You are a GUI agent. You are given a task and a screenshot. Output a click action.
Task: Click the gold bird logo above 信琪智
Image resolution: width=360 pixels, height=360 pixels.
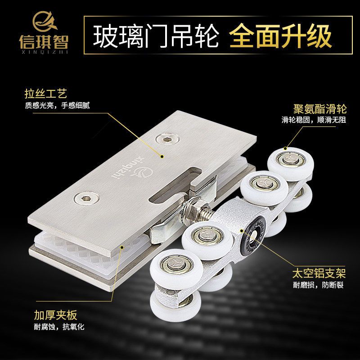[44, 21]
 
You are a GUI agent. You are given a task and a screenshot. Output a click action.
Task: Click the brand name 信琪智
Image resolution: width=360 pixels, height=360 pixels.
[44, 42]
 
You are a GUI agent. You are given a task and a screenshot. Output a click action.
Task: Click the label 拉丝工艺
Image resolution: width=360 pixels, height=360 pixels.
[45, 94]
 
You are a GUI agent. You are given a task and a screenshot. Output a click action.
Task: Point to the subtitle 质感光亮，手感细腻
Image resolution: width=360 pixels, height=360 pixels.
[57, 105]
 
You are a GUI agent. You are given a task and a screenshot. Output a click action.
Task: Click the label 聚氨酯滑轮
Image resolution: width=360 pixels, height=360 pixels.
[320, 109]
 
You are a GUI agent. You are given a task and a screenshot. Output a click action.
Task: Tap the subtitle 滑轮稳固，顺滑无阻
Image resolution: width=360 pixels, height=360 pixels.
[314, 120]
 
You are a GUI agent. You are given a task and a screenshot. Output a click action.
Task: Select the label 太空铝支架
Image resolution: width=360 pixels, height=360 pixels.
[319, 273]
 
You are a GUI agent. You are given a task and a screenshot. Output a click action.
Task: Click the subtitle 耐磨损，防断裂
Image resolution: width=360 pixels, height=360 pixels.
[318, 285]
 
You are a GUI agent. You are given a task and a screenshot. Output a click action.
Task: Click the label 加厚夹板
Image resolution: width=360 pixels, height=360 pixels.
[55, 315]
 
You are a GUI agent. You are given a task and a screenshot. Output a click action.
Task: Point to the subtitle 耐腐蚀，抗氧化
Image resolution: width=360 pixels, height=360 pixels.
[59, 327]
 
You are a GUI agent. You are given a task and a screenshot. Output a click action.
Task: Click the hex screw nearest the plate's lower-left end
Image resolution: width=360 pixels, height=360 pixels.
[86, 198]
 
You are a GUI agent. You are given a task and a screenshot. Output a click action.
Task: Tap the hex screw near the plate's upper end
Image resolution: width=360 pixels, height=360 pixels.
[167, 139]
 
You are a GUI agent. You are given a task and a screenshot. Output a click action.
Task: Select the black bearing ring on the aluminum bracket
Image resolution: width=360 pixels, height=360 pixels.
[253, 235]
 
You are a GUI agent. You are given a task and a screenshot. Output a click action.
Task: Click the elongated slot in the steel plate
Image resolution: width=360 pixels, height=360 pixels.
[175, 185]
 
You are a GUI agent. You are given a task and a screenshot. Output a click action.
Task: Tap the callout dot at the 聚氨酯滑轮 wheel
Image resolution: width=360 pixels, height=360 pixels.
[285, 148]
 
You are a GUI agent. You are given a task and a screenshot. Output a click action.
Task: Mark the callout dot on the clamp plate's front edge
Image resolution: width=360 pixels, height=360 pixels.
[122, 247]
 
